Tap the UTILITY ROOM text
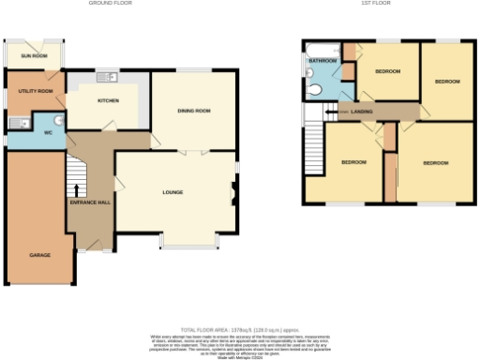[35, 92]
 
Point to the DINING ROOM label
[194, 112]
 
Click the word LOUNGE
[172, 192]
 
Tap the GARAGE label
[38, 254]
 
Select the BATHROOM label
[322, 61]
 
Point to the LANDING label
[362, 111]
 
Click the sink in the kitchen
[108, 76]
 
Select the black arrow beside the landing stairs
[328, 111]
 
